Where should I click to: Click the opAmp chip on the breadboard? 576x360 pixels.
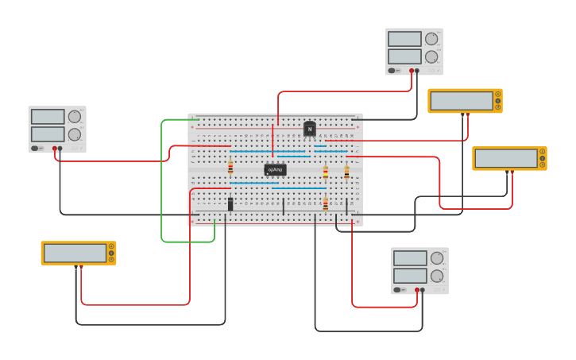click(275, 169)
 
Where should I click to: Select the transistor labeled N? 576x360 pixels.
click(310, 129)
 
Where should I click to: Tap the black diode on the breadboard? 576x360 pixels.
click(230, 204)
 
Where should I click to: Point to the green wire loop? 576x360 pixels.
click(162, 183)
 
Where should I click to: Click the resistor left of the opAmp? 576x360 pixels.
click(230, 168)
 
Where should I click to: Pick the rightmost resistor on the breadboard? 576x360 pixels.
click(346, 172)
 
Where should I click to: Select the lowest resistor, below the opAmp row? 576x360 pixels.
click(325, 204)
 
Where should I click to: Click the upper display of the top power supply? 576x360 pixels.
click(404, 39)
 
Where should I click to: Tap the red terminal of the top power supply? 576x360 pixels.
click(412, 71)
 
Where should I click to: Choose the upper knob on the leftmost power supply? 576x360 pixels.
click(75, 117)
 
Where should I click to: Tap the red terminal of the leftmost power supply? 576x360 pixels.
click(55, 149)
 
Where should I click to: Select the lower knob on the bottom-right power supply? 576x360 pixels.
click(437, 276)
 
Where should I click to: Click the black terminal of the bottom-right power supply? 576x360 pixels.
click(423, 290)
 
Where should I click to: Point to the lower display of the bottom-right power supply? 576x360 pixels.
click(410, 276)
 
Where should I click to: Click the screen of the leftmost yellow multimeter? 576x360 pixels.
click(75, 253)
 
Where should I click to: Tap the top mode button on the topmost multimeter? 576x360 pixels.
click(498, 94)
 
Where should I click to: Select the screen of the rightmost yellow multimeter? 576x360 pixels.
click(506, 158)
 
